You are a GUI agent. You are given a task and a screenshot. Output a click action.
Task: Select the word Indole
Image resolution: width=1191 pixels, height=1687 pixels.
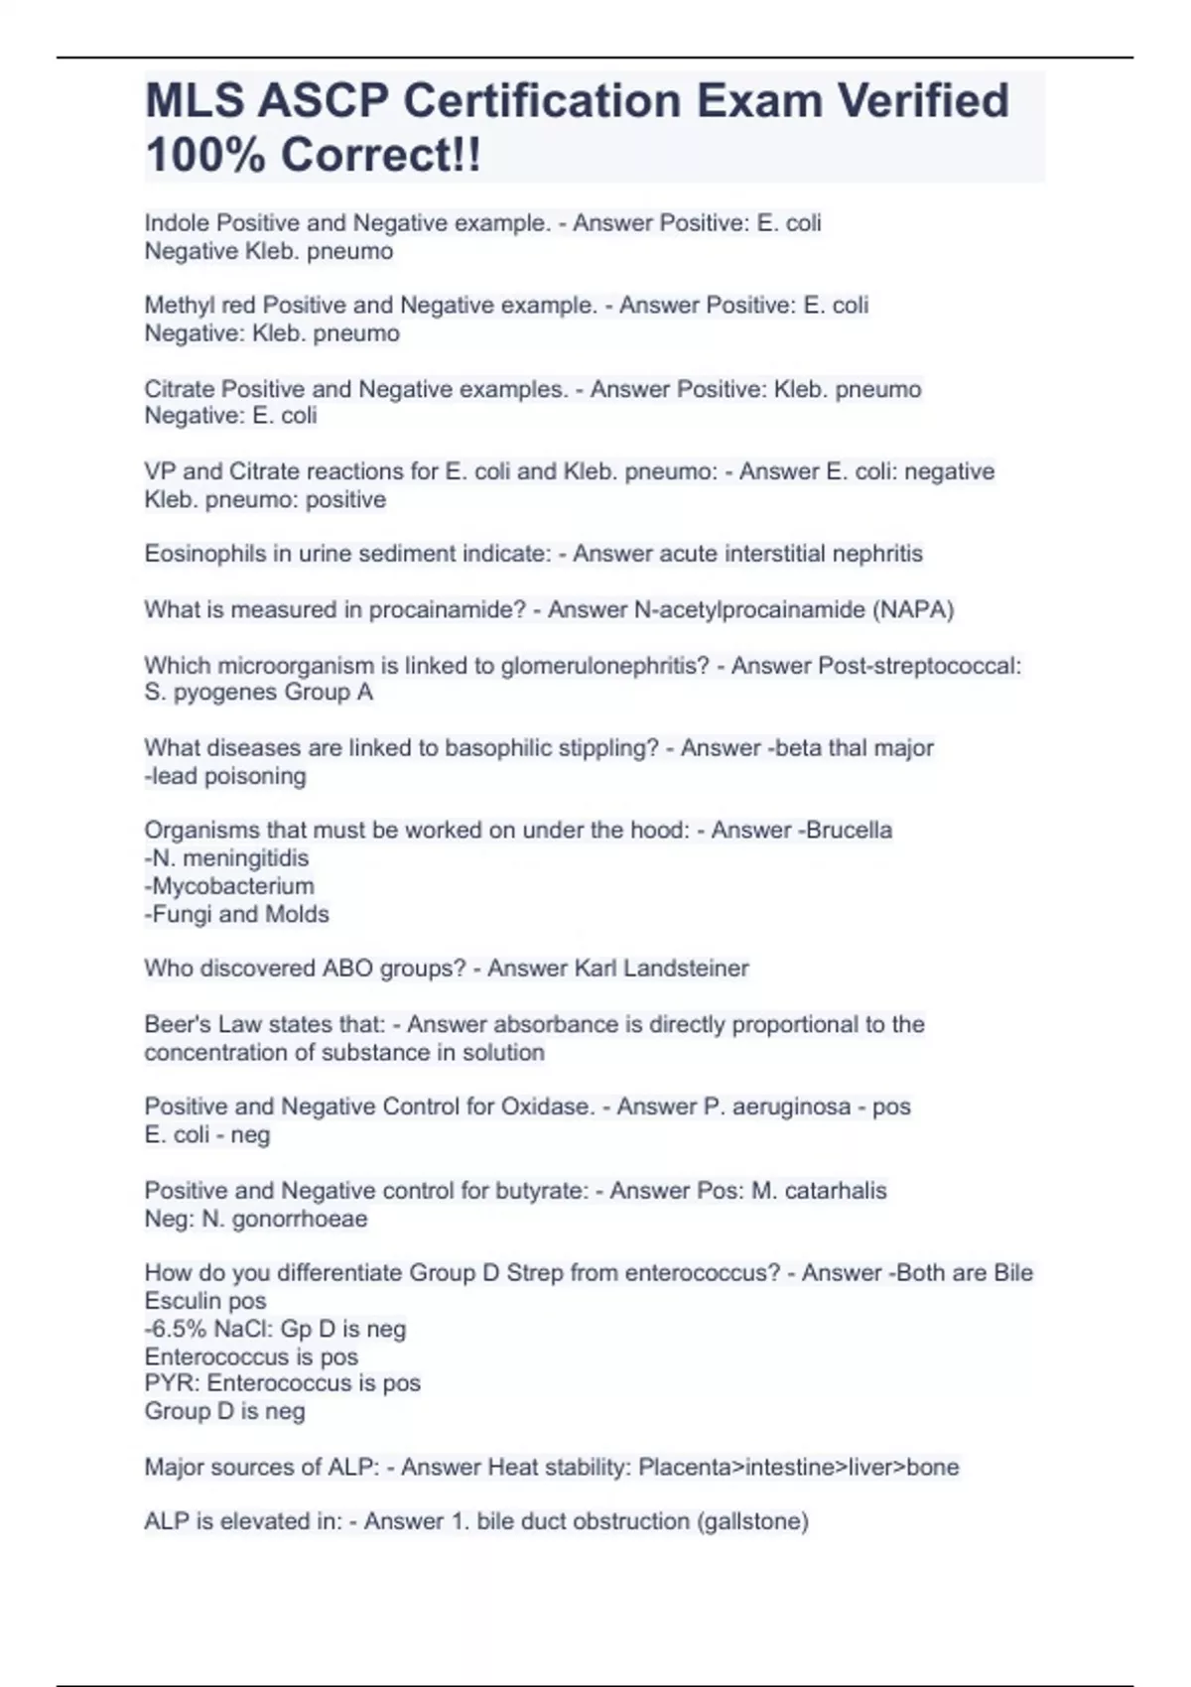point(177,223)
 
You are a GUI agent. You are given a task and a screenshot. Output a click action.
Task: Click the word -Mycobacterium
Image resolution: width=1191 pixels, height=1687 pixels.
point(229,886)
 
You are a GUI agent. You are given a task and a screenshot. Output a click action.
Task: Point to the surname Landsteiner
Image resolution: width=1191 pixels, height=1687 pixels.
point(686,969)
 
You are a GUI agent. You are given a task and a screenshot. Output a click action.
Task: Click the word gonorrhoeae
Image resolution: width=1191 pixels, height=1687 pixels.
point(299,1219)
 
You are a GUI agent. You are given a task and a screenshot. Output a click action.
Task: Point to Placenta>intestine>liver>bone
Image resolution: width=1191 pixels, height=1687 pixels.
point(798,1467)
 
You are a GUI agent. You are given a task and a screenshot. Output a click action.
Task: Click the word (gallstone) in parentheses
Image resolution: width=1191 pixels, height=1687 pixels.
point(754,1521)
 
